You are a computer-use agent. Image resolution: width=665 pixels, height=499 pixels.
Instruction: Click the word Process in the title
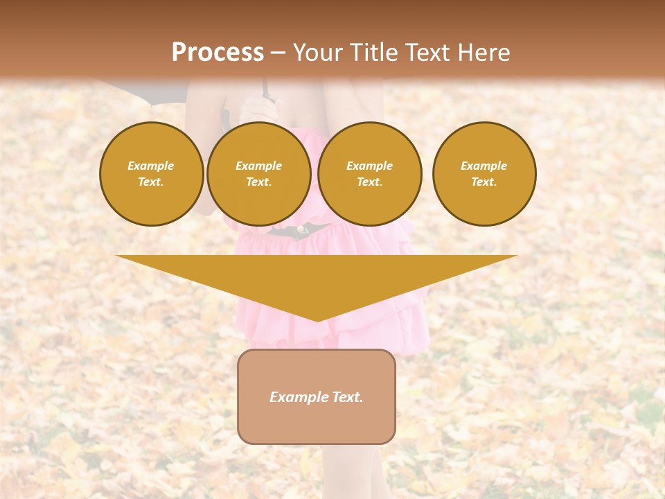click(218, 53)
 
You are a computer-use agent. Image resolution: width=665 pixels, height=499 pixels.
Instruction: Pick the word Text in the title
click(427, 53)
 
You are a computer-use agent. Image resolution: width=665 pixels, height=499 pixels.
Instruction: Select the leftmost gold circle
click(152, 174)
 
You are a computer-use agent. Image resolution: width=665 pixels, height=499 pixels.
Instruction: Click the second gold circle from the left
click(259, 174)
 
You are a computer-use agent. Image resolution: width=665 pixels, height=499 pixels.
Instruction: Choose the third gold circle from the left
click(370, 174)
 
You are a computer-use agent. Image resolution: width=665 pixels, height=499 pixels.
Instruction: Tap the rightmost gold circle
click(484, 174)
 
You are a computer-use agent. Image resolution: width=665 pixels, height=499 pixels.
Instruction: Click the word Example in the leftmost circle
click(151, 166)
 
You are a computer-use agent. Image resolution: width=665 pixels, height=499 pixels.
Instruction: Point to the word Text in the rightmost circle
click(484, 182)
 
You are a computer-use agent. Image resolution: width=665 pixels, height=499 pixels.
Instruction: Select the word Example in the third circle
click(369, 166)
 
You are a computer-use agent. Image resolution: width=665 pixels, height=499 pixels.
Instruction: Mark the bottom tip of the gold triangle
click(317, 321)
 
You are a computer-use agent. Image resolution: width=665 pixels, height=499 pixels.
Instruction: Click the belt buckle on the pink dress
click(301, 230)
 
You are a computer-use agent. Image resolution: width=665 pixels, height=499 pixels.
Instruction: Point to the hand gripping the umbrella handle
click(258, 108)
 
